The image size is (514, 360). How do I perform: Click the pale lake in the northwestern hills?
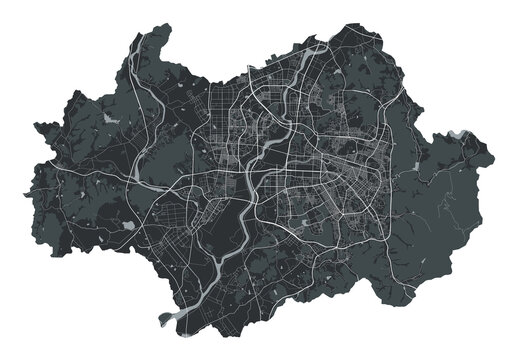(x=109, y=119)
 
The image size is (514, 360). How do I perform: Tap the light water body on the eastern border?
(x=458, y=134)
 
